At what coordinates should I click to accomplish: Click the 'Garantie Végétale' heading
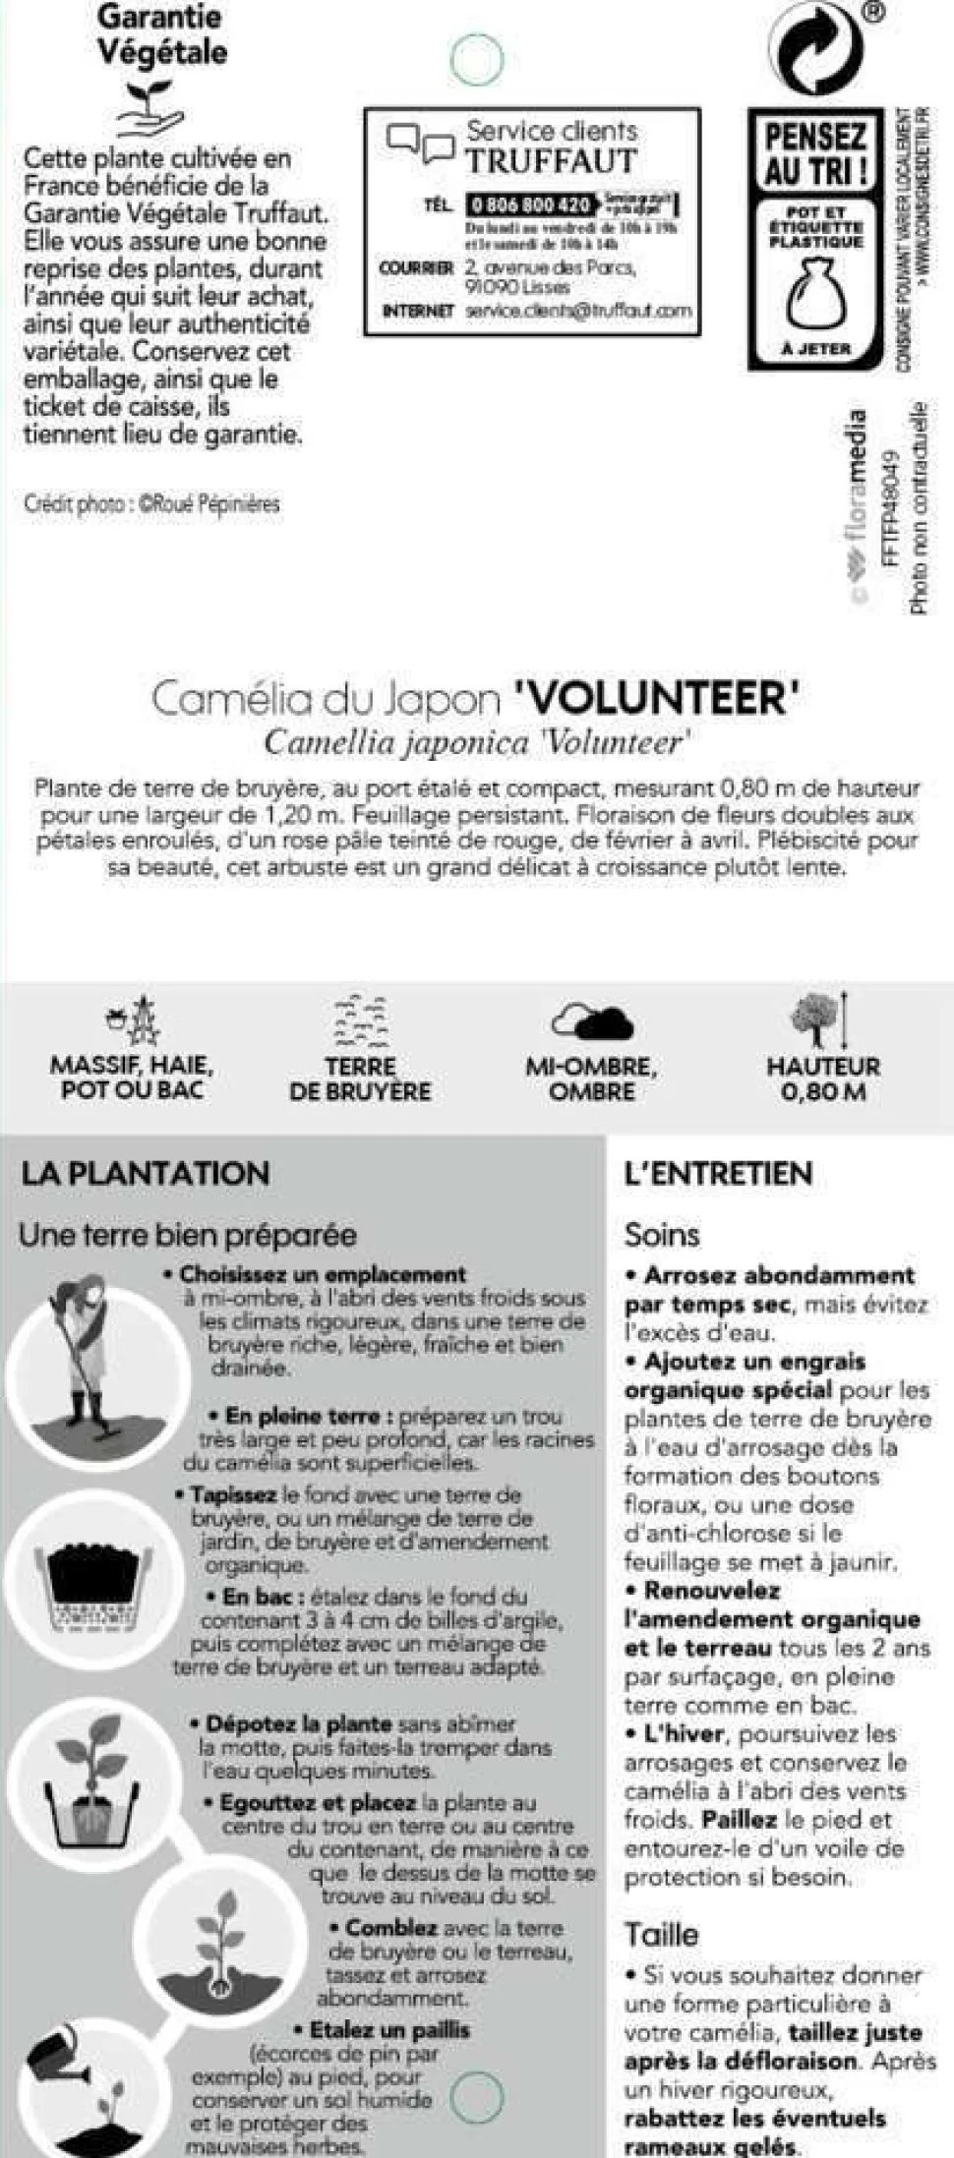coord(162,34)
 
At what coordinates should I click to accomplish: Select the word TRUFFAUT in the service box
coord(551,161)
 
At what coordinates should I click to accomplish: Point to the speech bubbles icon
coord(420,143)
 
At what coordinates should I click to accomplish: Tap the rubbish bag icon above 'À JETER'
coord(815,292)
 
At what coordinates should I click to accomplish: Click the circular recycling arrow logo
coord(814,46)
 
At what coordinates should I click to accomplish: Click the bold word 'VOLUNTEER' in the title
coord(656,698)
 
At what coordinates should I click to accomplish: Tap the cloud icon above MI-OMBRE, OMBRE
coord(592,1021)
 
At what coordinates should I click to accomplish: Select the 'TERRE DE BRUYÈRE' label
coord(360,1079)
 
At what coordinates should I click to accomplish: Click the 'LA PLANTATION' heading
coord(145,1173)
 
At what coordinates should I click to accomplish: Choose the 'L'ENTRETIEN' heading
coord(718,1173)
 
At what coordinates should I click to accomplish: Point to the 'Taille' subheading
coord(661,1934)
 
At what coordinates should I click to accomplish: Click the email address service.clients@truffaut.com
coord(578,311)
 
